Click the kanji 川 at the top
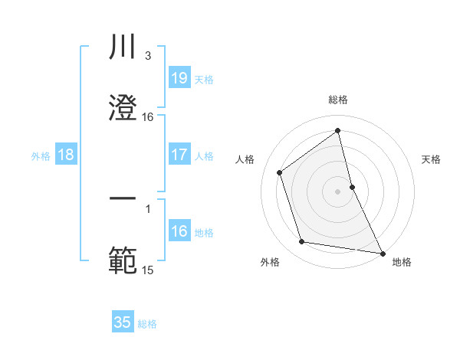(123, 47)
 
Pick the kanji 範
(123, 260)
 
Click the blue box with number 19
(179, 77)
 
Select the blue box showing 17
(179, 155)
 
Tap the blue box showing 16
(179, 231)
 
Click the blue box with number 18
(66, 155)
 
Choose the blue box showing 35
(123, 322)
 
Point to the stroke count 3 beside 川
(148, 55)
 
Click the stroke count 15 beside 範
(148, 270)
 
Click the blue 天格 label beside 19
(204, 79)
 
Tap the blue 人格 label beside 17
(204, 155)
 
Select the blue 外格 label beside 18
(41, 155)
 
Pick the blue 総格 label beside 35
(147, 324)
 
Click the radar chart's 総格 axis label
(338, 100)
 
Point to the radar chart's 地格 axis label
(402, 262)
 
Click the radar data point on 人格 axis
(280, 172)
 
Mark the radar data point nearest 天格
(352, 186)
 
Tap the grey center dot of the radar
(338, 191)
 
